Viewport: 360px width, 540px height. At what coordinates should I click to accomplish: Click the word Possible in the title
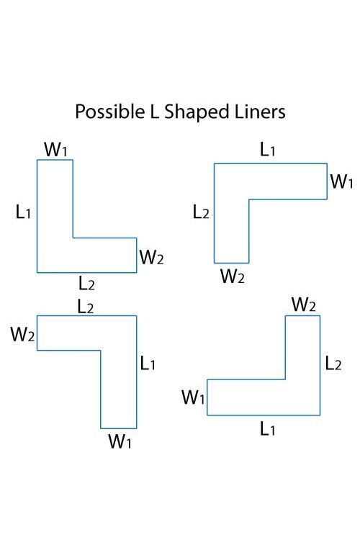[x=110, y=112]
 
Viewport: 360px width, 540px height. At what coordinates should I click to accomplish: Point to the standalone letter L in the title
[x=154, y=111]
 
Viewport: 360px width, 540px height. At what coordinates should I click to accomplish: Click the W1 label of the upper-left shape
[x=56, y=149]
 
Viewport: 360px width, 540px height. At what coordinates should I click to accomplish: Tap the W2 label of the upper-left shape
[x=151, y=257]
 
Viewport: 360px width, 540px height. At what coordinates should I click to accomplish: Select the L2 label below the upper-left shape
[x=86, y=283]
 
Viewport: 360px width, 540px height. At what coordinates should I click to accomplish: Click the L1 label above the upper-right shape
[x=267, y=150]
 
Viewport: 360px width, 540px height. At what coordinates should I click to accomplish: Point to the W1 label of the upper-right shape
[x=342, y=181]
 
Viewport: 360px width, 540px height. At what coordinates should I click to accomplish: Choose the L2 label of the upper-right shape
[x=201, y=212]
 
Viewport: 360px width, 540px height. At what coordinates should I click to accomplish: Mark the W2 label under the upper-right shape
[x=233, y=276]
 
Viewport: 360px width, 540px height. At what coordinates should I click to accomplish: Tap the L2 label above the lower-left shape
[x=86, y=306]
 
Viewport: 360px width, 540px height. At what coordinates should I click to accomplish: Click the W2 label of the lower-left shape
[x=22, y=334]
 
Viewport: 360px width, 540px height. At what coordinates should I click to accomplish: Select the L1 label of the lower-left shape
[x=148, y=363]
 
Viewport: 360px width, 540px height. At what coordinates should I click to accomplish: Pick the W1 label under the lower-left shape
[x=120, y=441]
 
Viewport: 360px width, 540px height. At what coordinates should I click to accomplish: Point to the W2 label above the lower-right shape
[x=304, y=304]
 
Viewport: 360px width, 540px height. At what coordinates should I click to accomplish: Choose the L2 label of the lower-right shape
[x=333, y=363]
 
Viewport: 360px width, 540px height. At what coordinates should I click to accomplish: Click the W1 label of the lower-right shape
[x=193, y=397]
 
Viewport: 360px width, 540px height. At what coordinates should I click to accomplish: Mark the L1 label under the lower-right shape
[x=268, y=429]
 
